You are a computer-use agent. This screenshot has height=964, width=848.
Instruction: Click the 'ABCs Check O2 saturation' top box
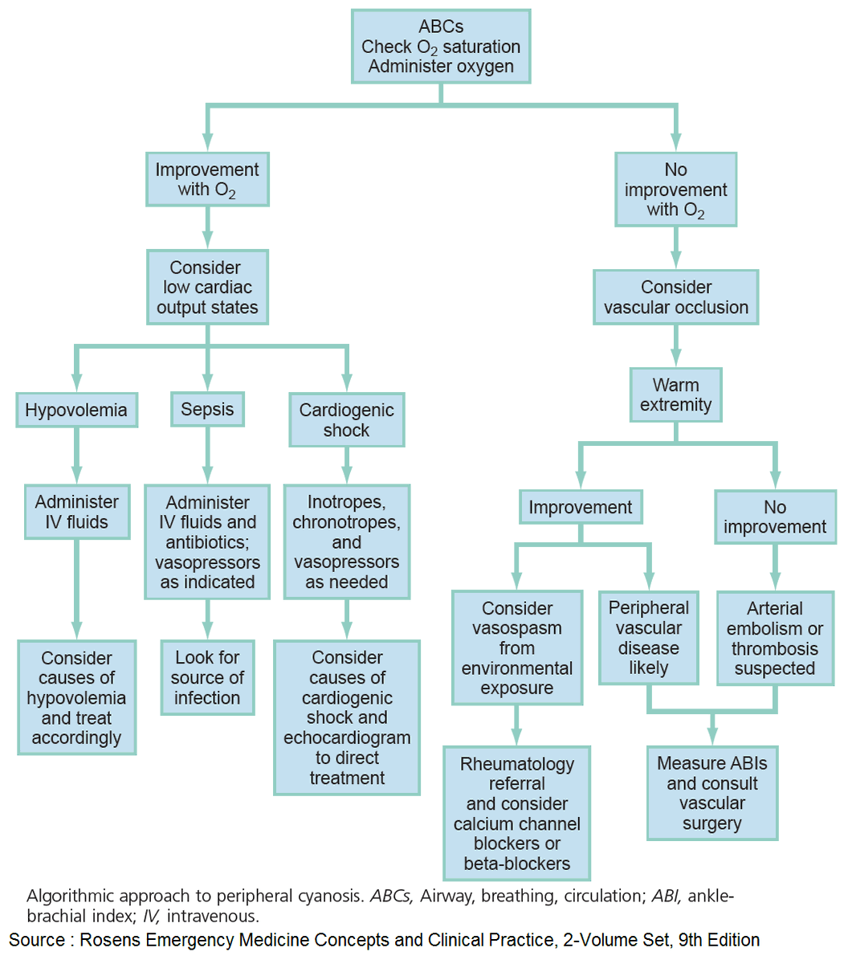pos(441,47)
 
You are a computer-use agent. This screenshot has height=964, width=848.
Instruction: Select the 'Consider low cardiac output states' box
pos(207,288)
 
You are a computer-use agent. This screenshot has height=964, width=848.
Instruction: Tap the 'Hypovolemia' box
pos(76,411)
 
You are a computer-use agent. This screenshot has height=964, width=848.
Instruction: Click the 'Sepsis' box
pos(207,410)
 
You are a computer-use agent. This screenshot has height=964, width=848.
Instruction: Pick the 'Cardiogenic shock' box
pos(346,420)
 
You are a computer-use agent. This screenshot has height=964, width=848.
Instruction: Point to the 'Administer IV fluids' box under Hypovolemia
pos(76,512)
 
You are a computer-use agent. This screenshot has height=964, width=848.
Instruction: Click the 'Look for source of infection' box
pos(207,677)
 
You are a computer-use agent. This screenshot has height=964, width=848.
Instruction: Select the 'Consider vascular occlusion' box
pos(675,297)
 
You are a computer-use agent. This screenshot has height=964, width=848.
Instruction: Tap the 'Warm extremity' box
pos(675,395)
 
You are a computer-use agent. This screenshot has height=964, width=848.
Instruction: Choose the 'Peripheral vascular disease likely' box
pos(648,638)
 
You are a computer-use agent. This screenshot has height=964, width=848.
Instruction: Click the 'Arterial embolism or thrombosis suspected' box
pos(774,639)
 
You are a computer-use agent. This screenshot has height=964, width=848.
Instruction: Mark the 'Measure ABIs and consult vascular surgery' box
pos(711,793)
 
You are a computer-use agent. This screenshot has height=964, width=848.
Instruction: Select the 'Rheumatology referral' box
pos(516,813)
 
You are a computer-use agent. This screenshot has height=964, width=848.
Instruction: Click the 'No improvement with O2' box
pos(675,190)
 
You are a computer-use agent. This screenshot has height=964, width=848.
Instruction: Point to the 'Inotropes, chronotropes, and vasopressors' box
pos(346,541)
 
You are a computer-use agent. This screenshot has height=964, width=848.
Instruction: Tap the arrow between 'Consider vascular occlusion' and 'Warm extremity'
pos(675,346)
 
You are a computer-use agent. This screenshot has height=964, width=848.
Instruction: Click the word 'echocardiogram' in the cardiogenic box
pos(346,737)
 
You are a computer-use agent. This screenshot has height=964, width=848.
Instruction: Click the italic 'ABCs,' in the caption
pos(391,896)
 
